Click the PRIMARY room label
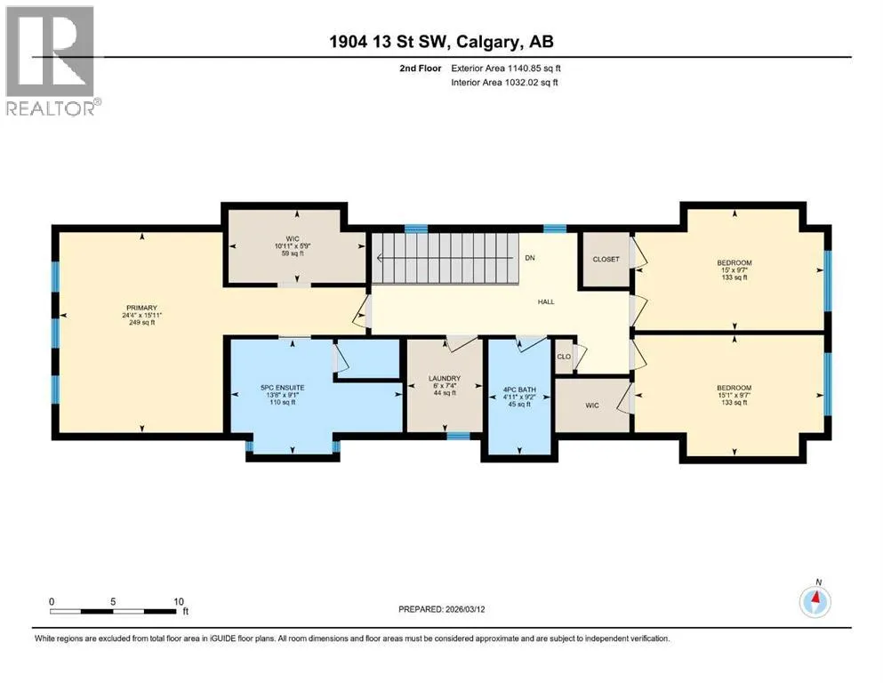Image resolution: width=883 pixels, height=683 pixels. coord(141,308)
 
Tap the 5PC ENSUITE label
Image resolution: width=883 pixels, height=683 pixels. coord(282,388)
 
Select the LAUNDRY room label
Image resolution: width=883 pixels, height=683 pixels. coord(445,378)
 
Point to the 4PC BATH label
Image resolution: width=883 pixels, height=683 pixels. coord(519,390)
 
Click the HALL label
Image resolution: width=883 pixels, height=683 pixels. coord(546,301)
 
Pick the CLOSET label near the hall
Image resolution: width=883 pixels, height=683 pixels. coord(606,259)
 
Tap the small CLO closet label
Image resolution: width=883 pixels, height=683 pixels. coord(564,357)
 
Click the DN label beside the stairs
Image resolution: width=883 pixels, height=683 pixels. coord(530,258)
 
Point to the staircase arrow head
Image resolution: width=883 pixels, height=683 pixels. coord(381,258)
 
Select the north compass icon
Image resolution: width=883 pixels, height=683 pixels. coord(815,601)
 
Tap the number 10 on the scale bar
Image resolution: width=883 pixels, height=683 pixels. coord(179,601)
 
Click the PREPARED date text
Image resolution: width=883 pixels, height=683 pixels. coord(441,609)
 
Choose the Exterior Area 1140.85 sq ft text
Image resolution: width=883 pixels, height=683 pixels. coord(506,68)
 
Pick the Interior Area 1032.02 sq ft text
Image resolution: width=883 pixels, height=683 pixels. coord(504,82)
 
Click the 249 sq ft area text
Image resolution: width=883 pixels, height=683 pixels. coord(141,323)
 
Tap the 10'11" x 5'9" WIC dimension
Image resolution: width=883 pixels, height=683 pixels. coord(293,246)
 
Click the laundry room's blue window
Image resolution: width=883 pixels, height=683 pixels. coord(458,435)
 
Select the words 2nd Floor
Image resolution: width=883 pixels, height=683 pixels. coord(420,68)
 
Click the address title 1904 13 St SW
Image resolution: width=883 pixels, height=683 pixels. coord(389,42)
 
